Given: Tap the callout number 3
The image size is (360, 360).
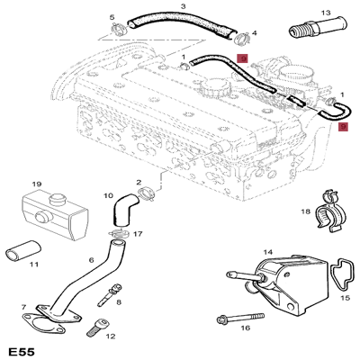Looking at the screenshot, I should [183, 7].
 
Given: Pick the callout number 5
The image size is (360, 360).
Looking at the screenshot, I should [112, 17].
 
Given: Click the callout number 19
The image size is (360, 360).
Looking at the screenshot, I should [37, 184].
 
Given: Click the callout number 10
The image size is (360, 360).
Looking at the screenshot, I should [108, 195].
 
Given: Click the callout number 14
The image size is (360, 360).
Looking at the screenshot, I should [267, 253].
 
